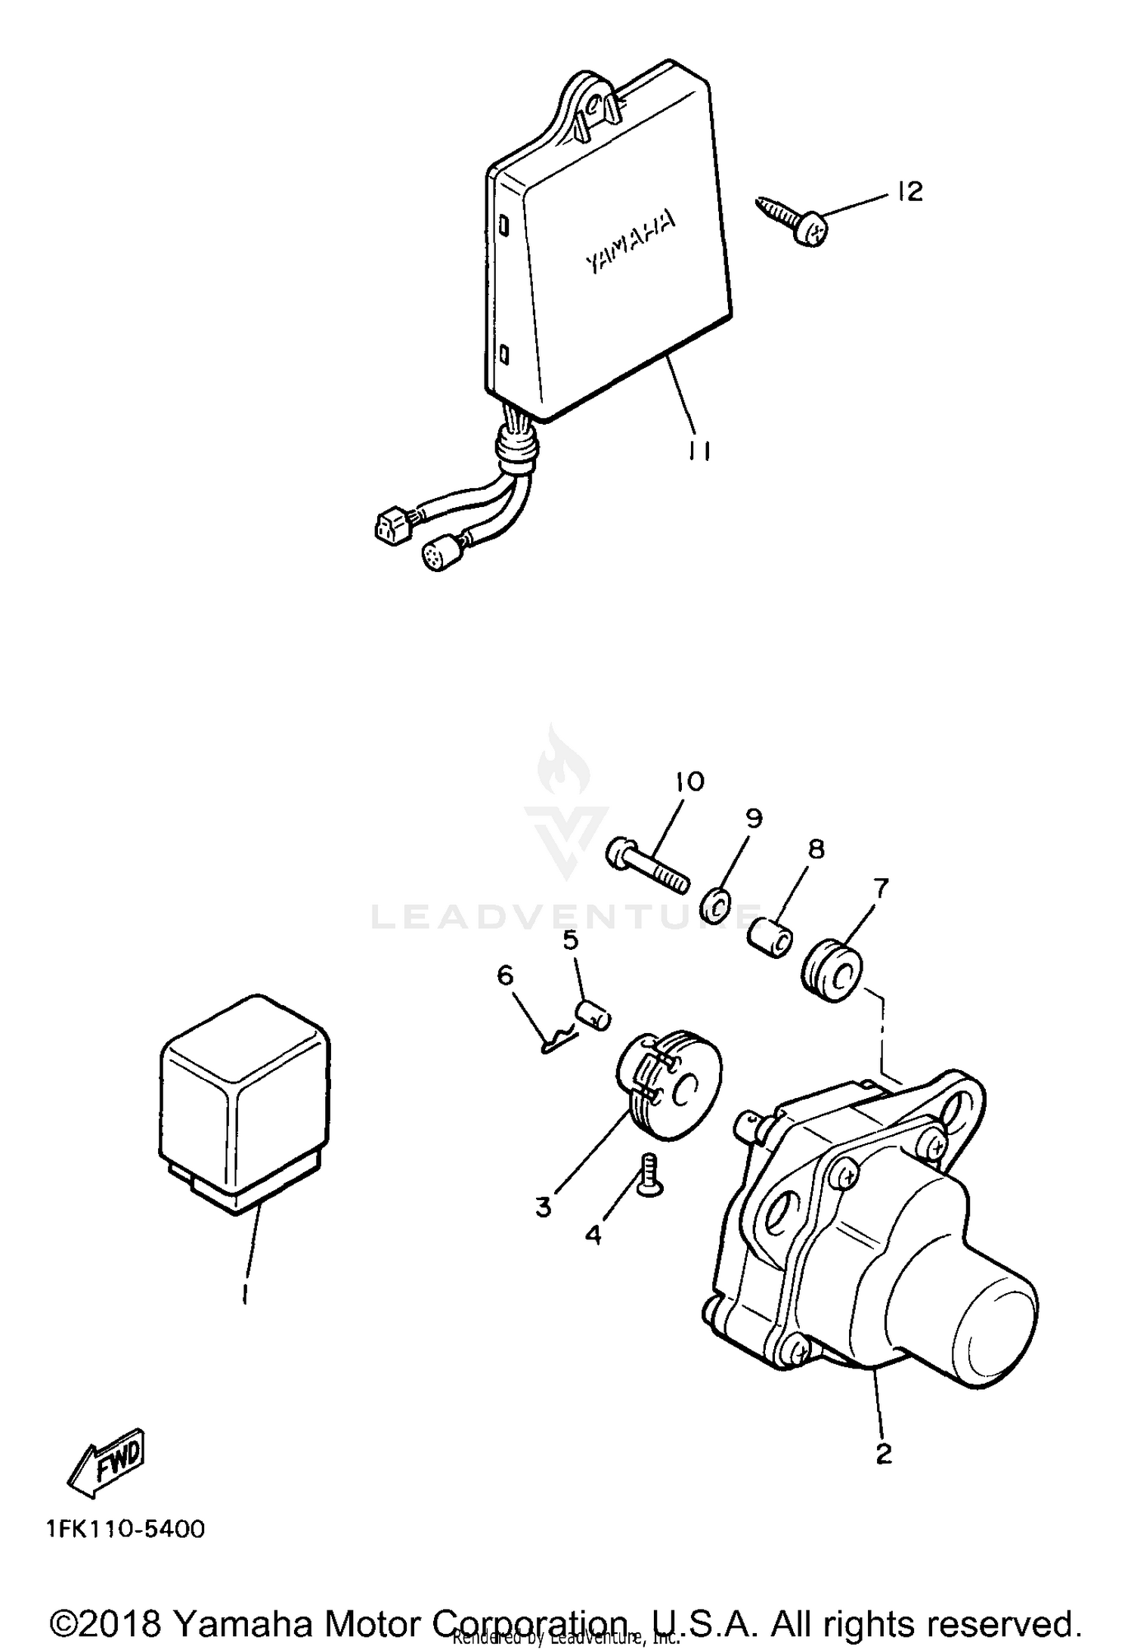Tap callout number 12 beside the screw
(911, 192)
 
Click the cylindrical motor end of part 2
(975, 1324)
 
